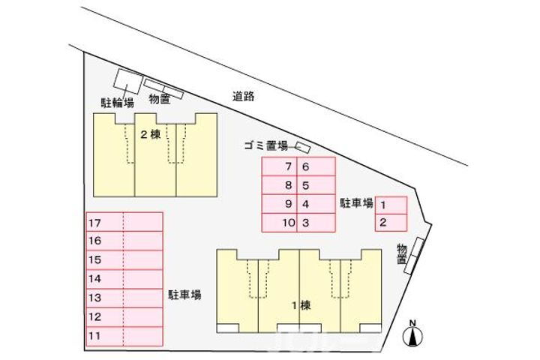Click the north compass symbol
[x=413, y=334]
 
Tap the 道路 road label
[x=243, y=97]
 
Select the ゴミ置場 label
[x=265, y=146]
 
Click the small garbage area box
[x=303, y=148]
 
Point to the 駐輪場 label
[x=118, y=103]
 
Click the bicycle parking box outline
[x=128, y=81]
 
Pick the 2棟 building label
[x=151, y=134]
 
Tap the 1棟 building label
[x=301, y=305]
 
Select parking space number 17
[x=124, y=222]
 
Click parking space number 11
[x=124, y=336]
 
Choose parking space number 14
[x=124, y=279]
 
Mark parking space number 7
[x=279, y=166]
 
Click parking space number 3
[x=316, y=223]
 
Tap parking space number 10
[x=279, y=223]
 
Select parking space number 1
[x=391, y=205]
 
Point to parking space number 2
[x=391, y=223]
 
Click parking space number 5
[x=316, y=185]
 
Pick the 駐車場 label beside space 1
[x=357, y=203]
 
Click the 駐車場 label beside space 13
[x=184, y=295]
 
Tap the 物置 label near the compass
[x=402, y=254]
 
